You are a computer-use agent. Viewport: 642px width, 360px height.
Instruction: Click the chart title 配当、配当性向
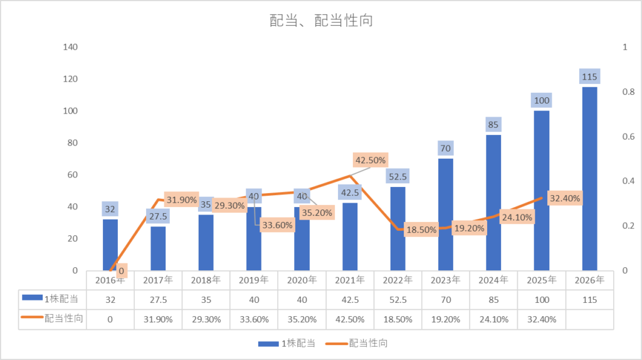click(321, 21)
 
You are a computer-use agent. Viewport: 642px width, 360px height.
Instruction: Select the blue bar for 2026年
click(589, 179)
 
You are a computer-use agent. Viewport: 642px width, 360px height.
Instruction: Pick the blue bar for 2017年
click(158, 248)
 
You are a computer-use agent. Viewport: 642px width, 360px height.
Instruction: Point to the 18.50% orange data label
click(420, 230)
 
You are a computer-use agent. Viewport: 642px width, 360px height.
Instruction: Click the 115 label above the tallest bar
click(589, 77)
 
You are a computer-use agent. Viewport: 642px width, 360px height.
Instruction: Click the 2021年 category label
click(350, 279)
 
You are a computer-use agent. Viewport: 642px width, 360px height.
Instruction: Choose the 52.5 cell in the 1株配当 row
click(397, 300)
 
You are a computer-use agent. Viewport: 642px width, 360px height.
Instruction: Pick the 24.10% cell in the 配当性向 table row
click(493, 319)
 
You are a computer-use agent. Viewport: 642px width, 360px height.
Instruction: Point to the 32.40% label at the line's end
click(564, 198)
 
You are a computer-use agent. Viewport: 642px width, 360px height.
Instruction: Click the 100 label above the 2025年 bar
click(541, 100)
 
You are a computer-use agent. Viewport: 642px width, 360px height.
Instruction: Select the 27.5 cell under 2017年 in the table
click(158, 300)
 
